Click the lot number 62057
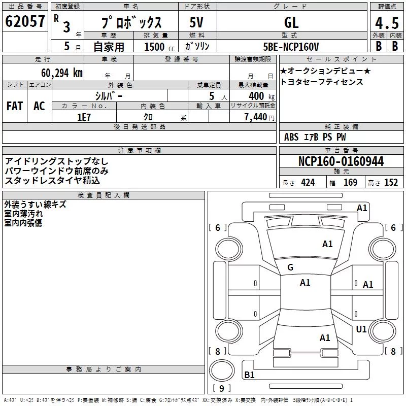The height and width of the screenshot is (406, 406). point(25,21)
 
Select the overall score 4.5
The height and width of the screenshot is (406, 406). point(387,23)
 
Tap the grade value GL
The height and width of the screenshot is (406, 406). point(291,22)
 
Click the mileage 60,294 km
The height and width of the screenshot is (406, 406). point(62,73)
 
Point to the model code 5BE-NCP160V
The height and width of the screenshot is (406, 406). point(291,47)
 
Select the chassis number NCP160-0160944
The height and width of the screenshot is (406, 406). point(341,161)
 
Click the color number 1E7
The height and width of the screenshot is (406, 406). point(84,117)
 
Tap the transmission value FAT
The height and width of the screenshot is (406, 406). point(15,106)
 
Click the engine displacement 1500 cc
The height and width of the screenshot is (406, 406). point(159,47)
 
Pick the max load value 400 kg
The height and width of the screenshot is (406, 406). point(261,96)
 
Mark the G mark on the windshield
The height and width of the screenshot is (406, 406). point(290,267)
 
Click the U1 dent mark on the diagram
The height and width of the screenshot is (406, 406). point(361,329)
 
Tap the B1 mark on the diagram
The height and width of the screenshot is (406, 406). point(249,375)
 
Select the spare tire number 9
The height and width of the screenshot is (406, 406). point(221,388)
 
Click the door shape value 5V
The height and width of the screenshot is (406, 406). point(196,22)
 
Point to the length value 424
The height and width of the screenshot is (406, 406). point(308,183)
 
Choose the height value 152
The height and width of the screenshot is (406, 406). point(391,183)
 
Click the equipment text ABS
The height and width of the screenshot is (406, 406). point(291,137)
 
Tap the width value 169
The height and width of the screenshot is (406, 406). point(350,183)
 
